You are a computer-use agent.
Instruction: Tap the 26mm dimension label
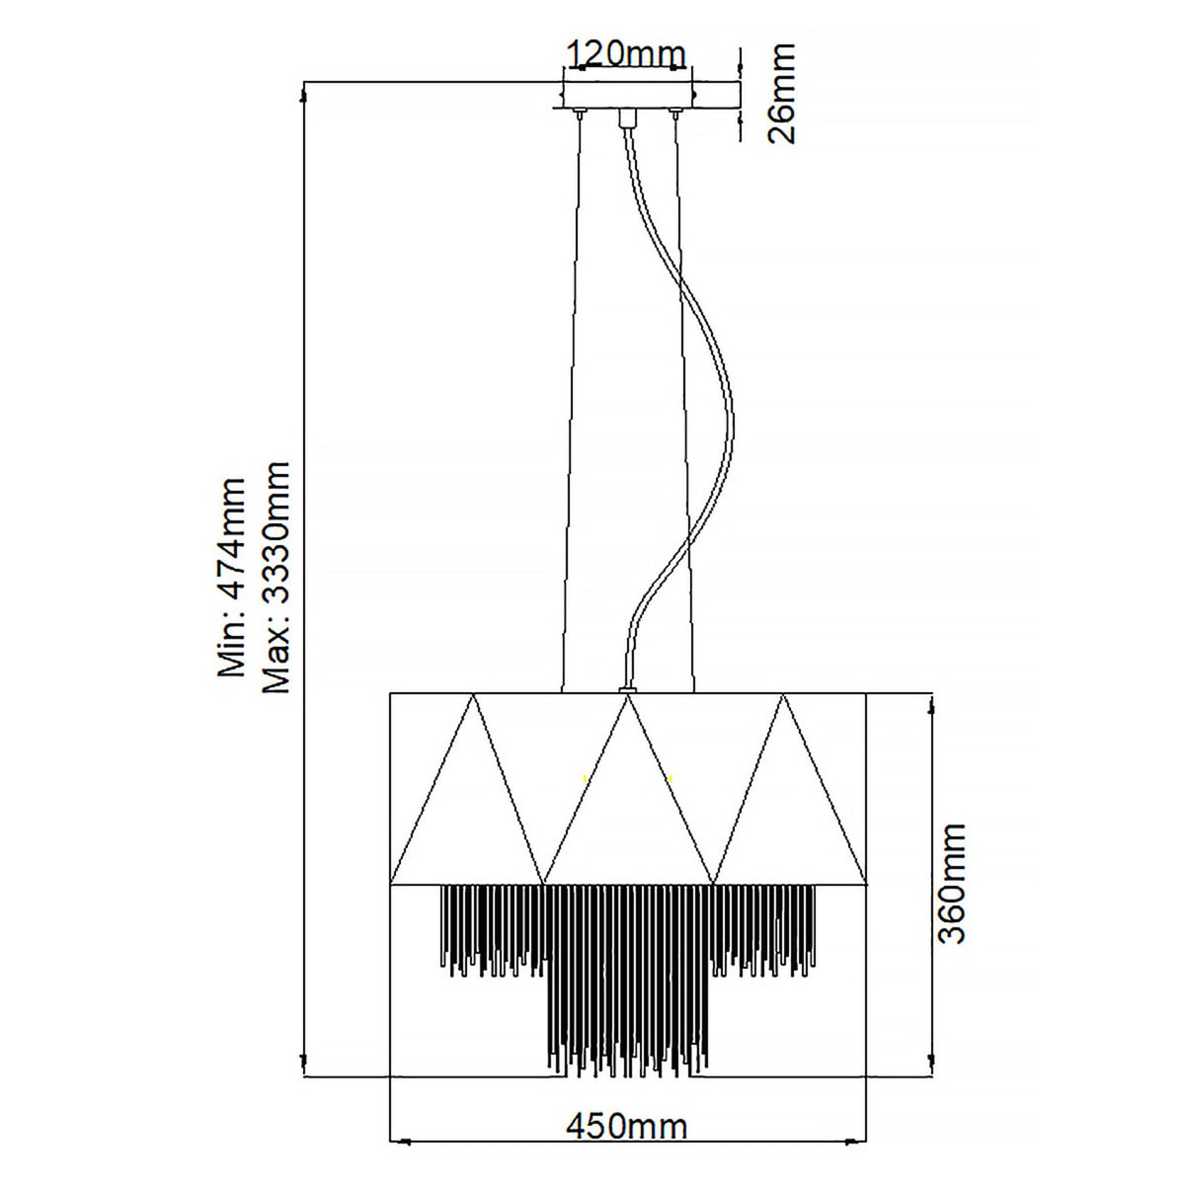[x=781, y=94]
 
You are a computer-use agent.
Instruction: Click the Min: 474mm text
[x=232, y=577]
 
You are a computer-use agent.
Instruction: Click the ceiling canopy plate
[x=627, y=95]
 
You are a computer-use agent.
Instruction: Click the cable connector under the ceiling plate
[x=627, y=118]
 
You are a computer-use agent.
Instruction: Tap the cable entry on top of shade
[x=627, y=690]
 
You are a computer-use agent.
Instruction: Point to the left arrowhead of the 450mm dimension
[x=405, y=1158]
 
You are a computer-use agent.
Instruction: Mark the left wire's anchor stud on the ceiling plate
[x=580, y=113]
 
